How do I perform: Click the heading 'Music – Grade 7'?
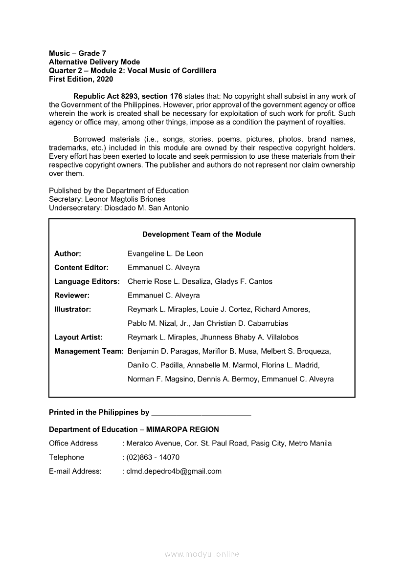[77, 53]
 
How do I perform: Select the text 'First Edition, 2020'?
[81, 79]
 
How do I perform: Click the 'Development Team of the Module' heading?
[202, 234]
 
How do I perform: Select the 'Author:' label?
[67, 254]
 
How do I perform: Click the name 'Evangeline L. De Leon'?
[165, 254]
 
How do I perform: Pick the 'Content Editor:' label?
[81, 268]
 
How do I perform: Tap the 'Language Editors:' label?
[87, 281]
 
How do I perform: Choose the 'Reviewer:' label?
[72, 296]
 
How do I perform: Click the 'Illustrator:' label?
[72, 309]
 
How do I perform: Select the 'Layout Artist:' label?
[78, 337]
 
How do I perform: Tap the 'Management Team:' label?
[89, 351]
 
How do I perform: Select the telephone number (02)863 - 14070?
[153, 457]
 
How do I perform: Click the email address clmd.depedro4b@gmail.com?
[174, 471]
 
